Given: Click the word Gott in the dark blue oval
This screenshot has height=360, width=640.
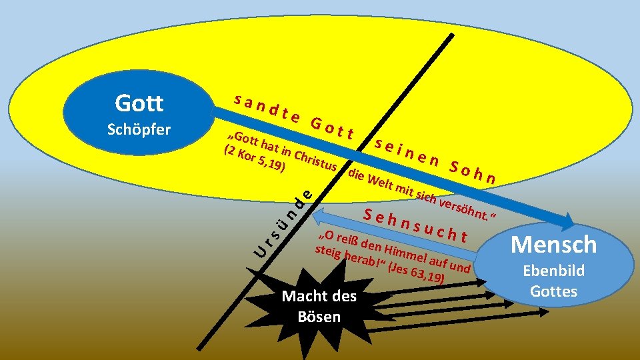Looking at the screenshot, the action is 139,103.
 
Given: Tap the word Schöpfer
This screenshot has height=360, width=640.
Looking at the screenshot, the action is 139,129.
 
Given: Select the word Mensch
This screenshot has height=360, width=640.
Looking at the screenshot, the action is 553,245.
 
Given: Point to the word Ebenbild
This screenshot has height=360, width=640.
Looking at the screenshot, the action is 553,271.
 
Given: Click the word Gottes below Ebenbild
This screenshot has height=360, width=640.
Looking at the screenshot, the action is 553,291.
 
